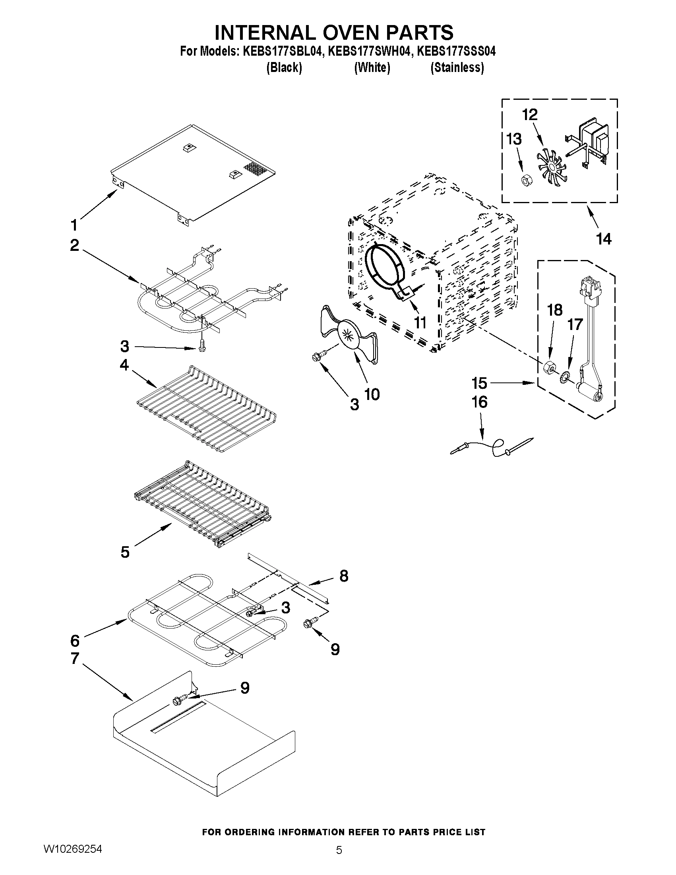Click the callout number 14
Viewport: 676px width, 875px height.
pos(604,239)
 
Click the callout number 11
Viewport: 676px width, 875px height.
pos(420,322)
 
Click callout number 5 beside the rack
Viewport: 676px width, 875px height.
pos(125,553)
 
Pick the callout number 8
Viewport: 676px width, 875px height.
pos(344,576)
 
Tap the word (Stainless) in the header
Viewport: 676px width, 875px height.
pos(457,68)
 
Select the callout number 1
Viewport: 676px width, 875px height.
pos(74,225)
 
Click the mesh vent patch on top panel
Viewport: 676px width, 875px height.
pos(256,168)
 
